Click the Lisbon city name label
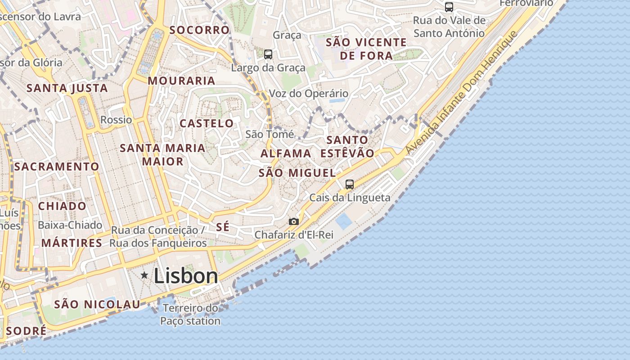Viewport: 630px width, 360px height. pos(186,276)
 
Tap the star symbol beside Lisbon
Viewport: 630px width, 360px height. pos(144,275)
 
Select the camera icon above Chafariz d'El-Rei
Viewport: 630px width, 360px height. pos(293,221)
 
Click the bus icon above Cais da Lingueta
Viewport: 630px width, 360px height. pos(349,184)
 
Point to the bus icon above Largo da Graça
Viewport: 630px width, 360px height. pos(268,54)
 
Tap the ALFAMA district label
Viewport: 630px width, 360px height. pos(286,153)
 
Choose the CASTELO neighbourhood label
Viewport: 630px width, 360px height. pos(207,123)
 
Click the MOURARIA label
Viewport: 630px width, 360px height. pos(181,81)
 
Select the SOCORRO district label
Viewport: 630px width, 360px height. pos(199,30)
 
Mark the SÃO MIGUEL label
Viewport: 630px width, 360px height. pos(297,173)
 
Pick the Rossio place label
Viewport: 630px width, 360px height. pos(116,120)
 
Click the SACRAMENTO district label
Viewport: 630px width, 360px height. pos(57,166)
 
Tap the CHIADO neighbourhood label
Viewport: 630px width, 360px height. pos(62,206)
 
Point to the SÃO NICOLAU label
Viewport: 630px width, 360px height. pos(97,304)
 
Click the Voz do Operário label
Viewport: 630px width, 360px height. pos(308,94)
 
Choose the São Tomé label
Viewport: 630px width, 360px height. pos(269,134)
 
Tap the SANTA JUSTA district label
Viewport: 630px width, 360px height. pos(67,88)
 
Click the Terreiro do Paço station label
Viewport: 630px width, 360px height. pos(190,315)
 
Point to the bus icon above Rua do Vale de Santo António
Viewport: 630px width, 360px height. pos(449,7)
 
